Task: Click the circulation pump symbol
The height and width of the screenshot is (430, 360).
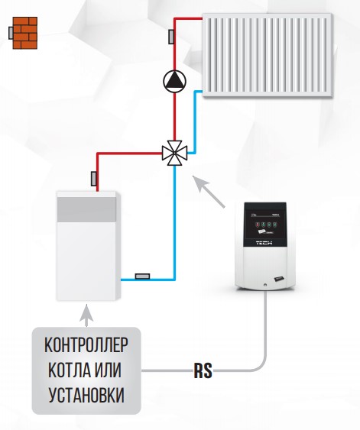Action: tap(174, 81)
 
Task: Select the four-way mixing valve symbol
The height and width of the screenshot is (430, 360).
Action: tap(174, 153)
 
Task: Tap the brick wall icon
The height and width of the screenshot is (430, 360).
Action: tap(25, 33)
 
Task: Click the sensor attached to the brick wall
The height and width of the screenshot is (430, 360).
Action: tap(11, 33)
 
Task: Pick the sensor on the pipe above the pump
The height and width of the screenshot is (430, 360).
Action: tap(171, 37)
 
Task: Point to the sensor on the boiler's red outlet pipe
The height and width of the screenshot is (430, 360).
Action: tap(94, 179)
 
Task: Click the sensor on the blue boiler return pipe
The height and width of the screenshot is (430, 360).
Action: tap(142, 276)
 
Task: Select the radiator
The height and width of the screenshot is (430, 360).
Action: tap(268, 55)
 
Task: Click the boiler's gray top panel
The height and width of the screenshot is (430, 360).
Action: tap(86, 209)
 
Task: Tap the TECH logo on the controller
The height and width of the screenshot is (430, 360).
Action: tap(264, 243)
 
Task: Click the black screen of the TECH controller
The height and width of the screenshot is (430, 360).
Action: tap(265, 225)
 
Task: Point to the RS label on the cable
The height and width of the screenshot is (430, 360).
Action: tap(203, 370)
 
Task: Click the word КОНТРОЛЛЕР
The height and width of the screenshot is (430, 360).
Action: tap(86, 345)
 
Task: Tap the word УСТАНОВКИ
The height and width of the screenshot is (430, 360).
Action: tap(86, 395)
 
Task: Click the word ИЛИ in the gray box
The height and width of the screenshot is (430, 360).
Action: tap(108, 370)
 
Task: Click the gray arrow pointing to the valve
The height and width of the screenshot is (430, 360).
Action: tap(209, 192)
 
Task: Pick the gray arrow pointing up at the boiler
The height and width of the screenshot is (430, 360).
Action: tap(86, 315)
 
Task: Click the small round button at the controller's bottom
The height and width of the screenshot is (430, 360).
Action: tap(265, 285)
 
